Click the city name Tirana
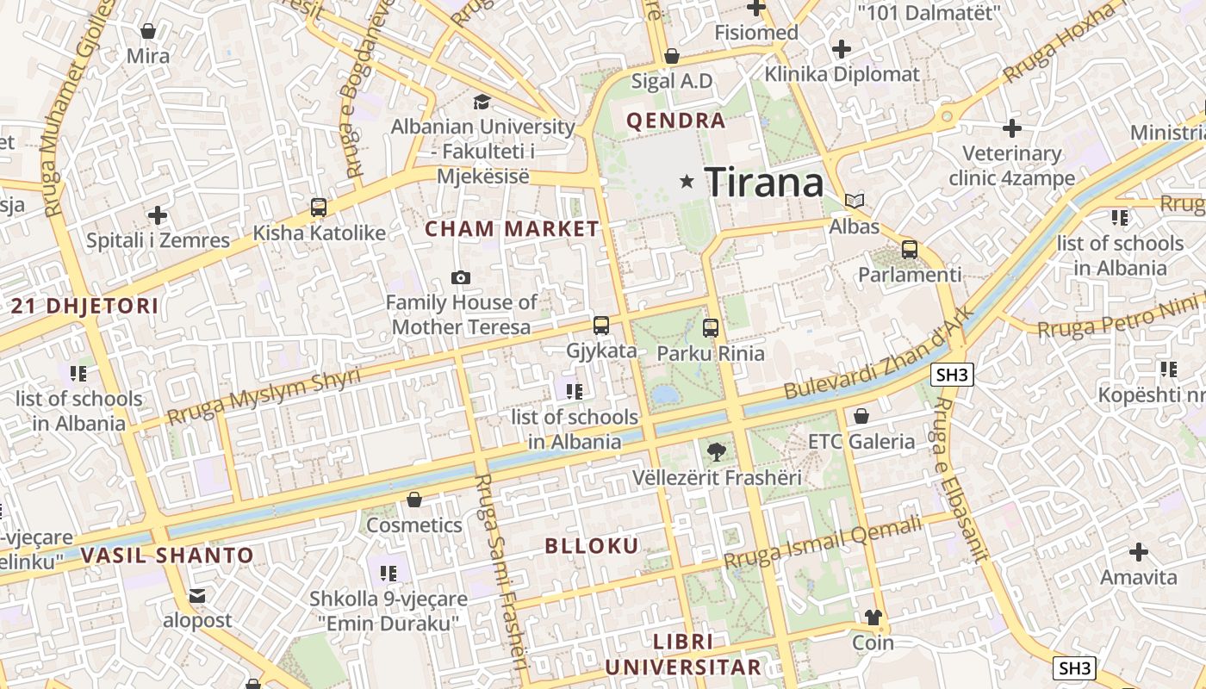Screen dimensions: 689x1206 (764, 182)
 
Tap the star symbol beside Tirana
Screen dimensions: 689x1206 (687, 181)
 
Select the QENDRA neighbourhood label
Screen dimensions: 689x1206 (676, 121)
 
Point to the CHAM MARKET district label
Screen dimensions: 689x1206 (512, 229)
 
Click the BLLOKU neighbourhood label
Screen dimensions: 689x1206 (592, 546)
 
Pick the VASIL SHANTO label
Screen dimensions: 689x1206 (168, 556)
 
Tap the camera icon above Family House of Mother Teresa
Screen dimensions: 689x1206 (461, 277)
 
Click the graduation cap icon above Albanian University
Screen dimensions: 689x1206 (482, 102)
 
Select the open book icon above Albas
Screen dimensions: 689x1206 (854, 201)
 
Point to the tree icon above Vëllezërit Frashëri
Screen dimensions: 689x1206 (716, 451)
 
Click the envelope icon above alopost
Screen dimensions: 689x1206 (197, 595)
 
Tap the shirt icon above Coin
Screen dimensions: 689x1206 (873, 617)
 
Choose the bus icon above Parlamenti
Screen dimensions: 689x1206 (909, 250)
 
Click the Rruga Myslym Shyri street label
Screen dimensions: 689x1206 (264, 397)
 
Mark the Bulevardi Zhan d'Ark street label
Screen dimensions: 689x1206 (878, 354)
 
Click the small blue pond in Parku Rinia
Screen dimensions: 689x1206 (664, 395)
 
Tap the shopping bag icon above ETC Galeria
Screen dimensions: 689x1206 (861, 417)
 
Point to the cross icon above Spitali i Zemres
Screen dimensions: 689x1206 (157, 215)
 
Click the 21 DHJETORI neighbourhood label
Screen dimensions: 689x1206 (85, 306)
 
